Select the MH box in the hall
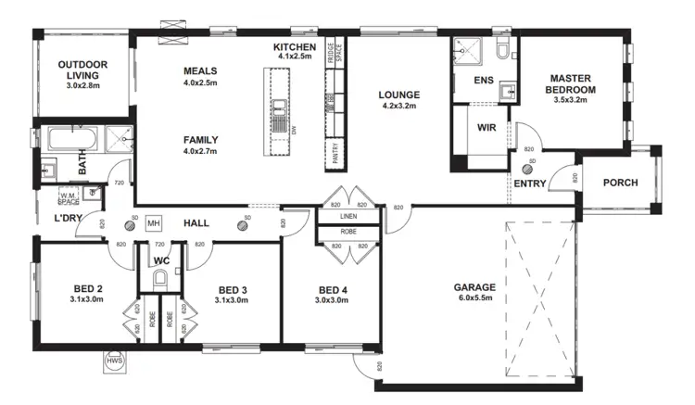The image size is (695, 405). [154, 224]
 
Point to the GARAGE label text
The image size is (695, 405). [474, 287]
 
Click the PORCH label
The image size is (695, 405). [620, 183]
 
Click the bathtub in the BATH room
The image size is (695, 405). [68, 141]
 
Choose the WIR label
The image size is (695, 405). [488, 128]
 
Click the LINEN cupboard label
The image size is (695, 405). [347, 217]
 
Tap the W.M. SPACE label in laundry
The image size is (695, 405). [69, 197]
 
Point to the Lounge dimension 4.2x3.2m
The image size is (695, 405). [399, 106]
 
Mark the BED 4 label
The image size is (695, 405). [331, 288]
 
